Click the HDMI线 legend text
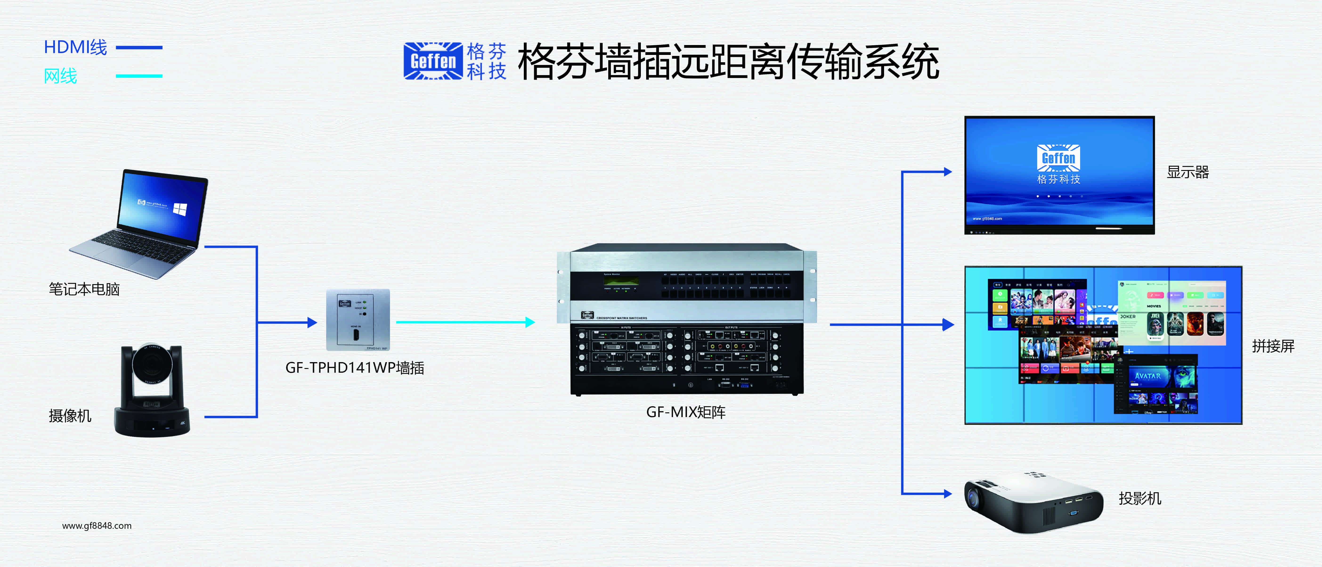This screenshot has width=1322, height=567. (x=75, y=47)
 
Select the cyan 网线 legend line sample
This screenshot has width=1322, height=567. (x=139, y=76)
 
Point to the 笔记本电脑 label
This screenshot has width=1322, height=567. (x=84, y=289)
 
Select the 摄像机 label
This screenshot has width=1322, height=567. (x=70, y=415)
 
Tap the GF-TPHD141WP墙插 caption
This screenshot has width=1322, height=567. (x=355, y=368)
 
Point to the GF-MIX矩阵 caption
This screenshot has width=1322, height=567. (x=686, y=412)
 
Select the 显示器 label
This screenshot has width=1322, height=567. (x=1188, y=172)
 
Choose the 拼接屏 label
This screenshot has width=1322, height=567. (x=1273, y=346)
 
